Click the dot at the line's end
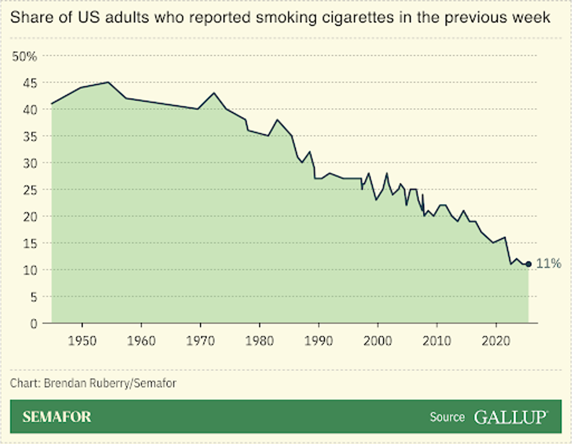(x=528, y=264)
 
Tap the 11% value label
(x=549, y=263)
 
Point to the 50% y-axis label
(x=25, y=56)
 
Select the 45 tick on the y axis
(x=30, y=84)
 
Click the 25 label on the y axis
(x=30, y=190)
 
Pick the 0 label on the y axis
(x=34, y=324)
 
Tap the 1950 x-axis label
(x=82, y=341)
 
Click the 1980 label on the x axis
(x=260, y=341)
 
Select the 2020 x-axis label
(x=496, y=341)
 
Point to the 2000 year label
(x=378, y=341)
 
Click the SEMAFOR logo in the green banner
(x=57, y=417)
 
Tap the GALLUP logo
(x=511, y=417)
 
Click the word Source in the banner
(x=447, y=417)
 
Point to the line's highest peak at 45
(x=108, y=82)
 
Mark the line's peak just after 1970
(x=214, y=93)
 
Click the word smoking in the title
(x=286, y=18)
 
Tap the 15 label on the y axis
(x=30, y=244)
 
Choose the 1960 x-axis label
(x=141, y=341)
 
